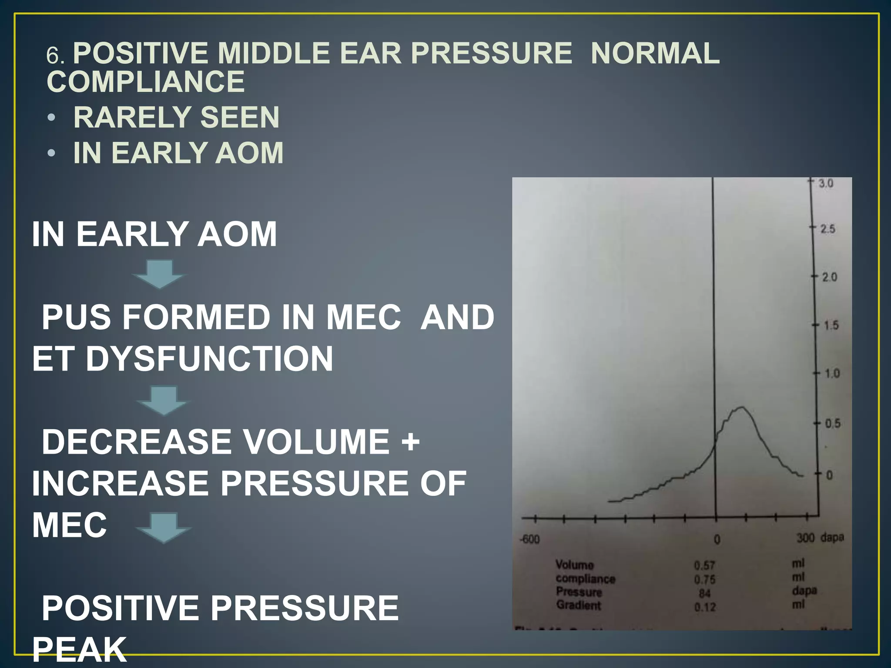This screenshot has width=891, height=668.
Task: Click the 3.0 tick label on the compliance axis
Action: (x=826, y=183)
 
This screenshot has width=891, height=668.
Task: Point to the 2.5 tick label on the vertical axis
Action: (x=827, y=229)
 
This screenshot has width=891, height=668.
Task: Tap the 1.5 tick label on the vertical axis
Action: (x=831, y=325)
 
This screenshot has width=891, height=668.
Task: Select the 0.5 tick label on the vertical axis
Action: (x=833, y=424)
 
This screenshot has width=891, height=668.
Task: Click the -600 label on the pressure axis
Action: (x=530, y=540)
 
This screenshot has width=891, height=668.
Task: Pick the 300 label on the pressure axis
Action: (x=805, y=538)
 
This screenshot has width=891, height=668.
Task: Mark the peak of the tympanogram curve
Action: (x=741, y=407)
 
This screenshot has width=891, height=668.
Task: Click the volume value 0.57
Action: (x=704, y=565)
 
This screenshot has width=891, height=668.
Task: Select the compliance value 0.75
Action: (x=705, y=580)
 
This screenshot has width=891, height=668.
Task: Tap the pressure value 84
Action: (x=705, y=593)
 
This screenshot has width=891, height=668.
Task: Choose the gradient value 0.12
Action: (x=705, y=607)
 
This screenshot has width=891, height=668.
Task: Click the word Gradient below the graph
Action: (x=578, y=605)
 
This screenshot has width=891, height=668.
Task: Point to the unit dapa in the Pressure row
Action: (x=804, y=591)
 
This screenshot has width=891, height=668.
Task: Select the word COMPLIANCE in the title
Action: (x=146, y=82)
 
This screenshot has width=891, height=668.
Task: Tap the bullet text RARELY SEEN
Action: (x=176, y=117)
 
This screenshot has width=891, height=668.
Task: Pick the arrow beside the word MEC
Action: (x=164, y=527)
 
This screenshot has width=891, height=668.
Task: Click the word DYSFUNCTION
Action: (x=209, y=359)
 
